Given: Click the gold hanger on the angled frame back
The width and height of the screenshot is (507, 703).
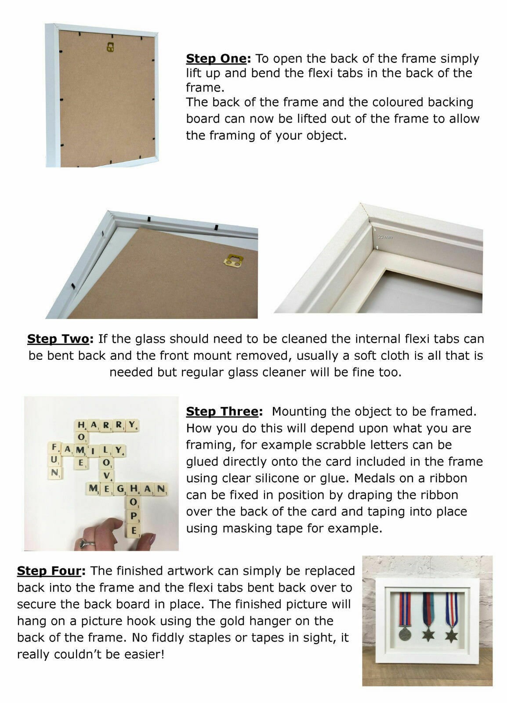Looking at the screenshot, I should pyautogui.click(x=233, y=261).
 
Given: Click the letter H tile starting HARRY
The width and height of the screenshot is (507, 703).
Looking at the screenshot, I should pyautogui.click(x=81, y=425).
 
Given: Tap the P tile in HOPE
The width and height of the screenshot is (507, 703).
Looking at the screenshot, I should pyautogui.click(x=134, y=516).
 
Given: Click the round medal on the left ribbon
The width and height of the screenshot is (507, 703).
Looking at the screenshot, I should pyautogui.click(x=405, y=634).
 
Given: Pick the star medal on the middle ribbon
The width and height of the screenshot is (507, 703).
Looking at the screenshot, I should pyautogui.click(x=427, y=634).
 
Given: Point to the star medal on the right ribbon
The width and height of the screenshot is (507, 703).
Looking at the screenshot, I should pyautogui.click(x=451, y=635).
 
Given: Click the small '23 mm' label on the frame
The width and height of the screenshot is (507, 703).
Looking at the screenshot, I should pyautogui.click(x=385, y=237).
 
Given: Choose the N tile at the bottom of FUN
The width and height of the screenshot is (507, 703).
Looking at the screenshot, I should pyautogui.click(x=55, y=473).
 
